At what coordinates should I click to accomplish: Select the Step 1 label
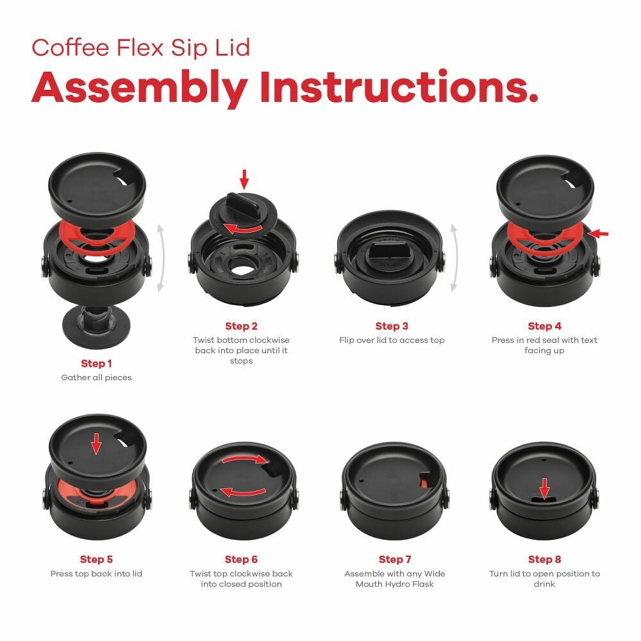point(96,363)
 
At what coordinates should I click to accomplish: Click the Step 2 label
point(241,326)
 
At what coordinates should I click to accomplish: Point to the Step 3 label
point(392,326)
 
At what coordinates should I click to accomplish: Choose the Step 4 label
point(544,326)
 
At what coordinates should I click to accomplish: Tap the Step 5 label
point(96,560)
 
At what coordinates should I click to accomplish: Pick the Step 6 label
point(241,560)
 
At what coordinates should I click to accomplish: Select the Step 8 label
point(544,560)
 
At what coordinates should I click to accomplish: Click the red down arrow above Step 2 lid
point(243,179)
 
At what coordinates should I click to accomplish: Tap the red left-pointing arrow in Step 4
point(599,234)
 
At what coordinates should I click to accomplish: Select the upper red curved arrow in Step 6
point(244,459)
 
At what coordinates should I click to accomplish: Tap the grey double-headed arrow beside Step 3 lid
point(454,256)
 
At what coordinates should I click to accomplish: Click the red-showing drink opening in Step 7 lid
point(425,480)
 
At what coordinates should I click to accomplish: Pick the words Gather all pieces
point(96,378)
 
